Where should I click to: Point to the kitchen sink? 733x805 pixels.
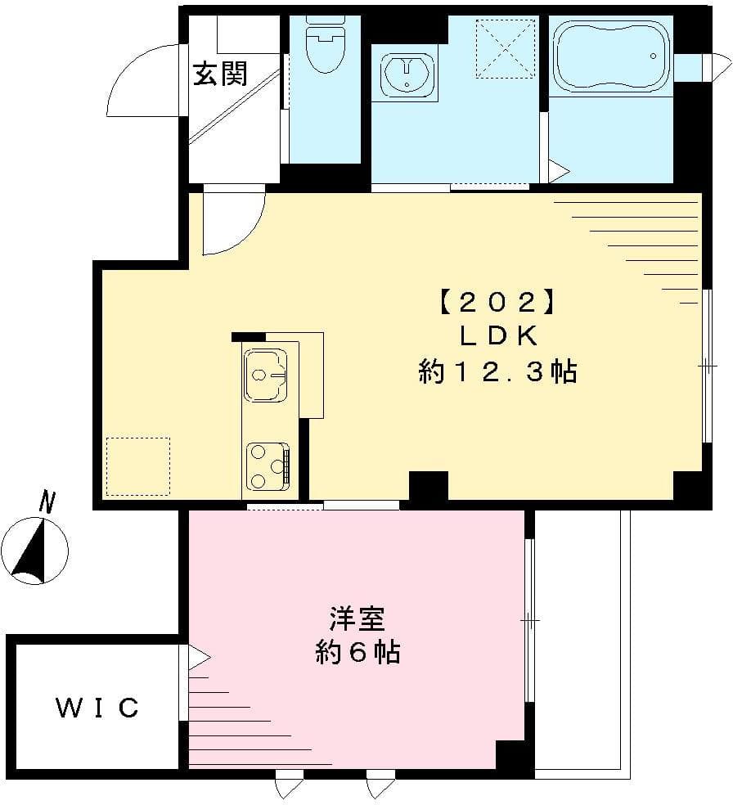[x=265, y=376]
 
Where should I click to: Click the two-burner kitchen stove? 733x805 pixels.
[x=268, y=465]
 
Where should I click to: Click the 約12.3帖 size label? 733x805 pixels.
[x=497, y=372]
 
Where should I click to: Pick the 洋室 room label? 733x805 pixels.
[x=358, y=618]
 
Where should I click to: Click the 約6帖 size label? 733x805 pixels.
[x=358, y=652]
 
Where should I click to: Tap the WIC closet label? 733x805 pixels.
[x=97, y=708]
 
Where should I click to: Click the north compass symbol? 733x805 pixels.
[x=34, y=553]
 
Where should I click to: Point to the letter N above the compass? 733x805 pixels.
[x=48, y=501]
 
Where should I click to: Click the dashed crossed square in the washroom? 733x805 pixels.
[x=505, y=48]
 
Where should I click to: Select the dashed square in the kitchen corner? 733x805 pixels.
[x=138, y=466]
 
